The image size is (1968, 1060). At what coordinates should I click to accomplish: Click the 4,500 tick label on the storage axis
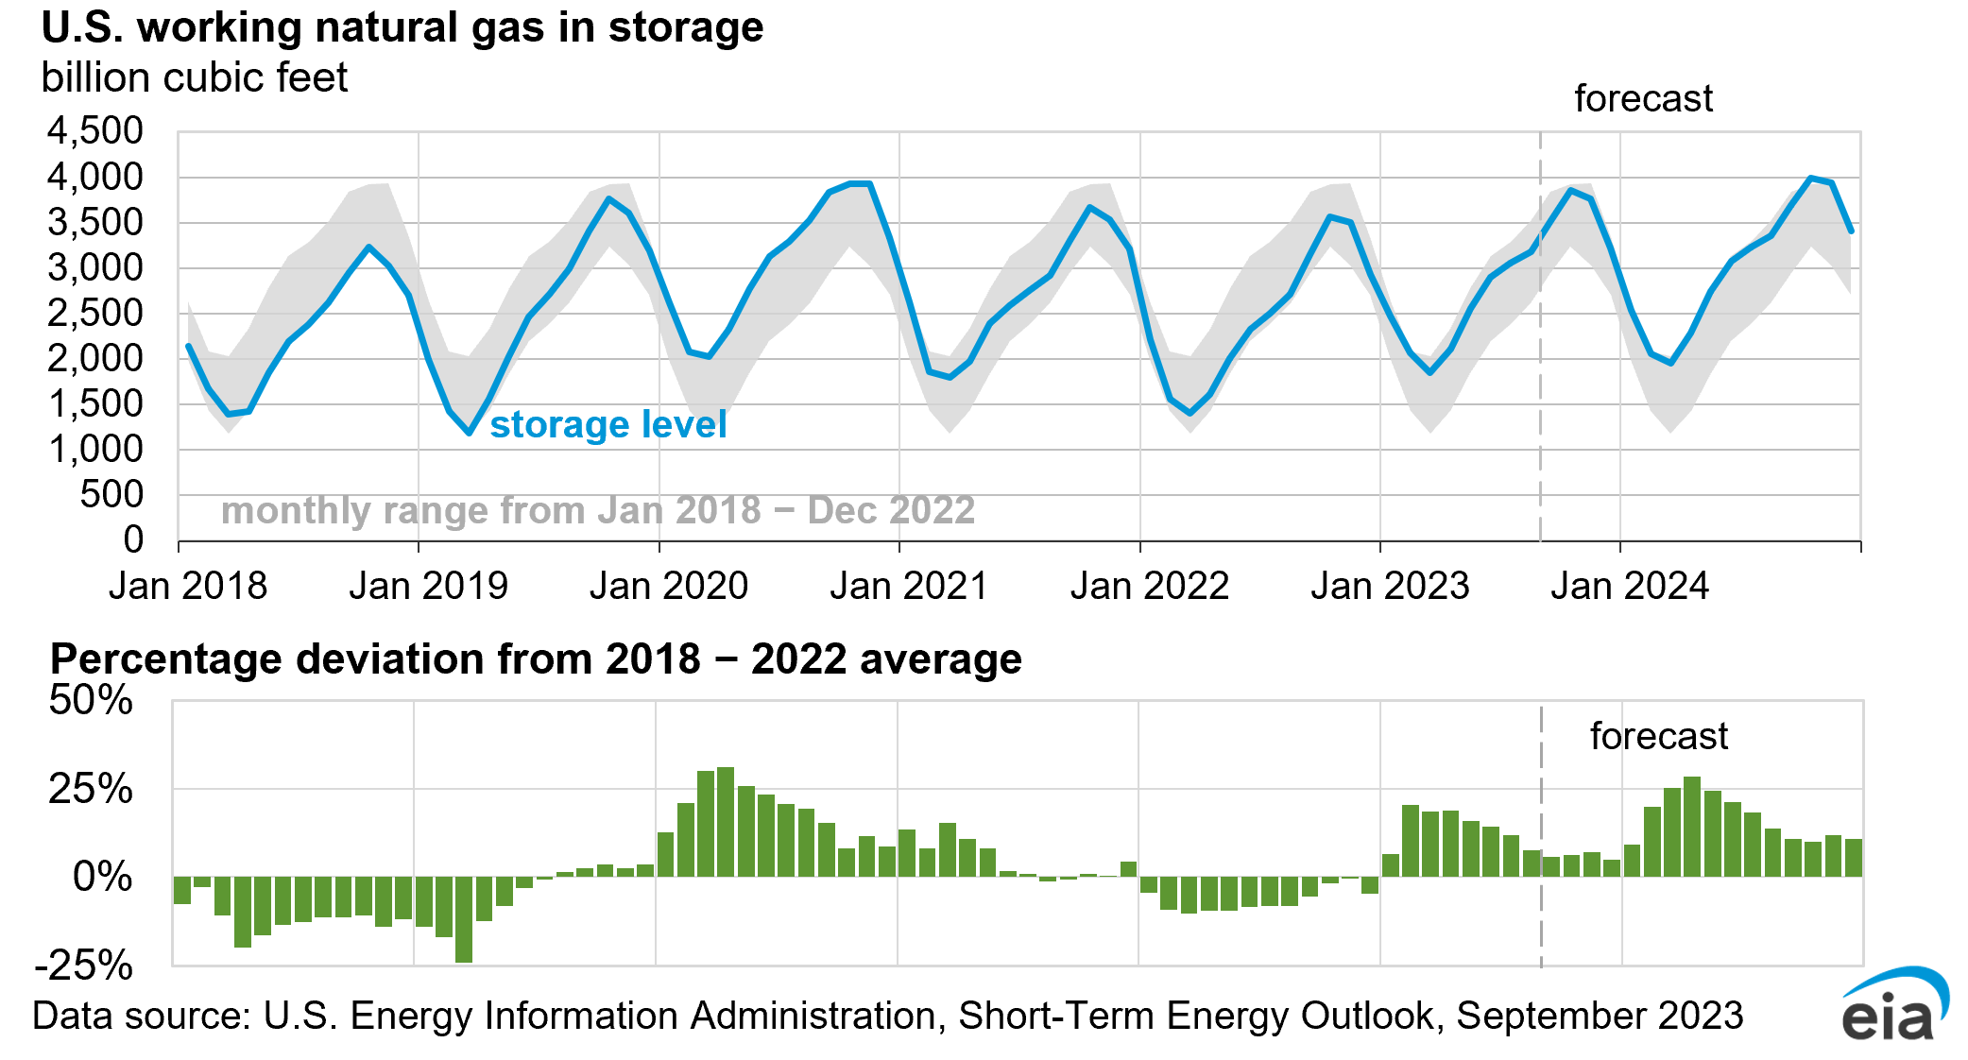[95, 131]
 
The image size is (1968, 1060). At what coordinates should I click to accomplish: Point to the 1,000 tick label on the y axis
[95, 450]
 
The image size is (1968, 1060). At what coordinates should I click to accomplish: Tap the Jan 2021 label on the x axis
[909, 587]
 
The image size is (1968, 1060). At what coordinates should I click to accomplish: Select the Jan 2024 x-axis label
[1630, 587]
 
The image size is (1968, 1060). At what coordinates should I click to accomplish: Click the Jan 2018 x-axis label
[188, 587]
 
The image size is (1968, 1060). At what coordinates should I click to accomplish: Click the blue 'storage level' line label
[608, 425]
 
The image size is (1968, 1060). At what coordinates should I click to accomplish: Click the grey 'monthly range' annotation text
[597, 511]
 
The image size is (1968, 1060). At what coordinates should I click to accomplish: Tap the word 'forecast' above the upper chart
[1643, 99]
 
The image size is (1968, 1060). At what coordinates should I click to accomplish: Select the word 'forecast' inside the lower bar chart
[1658, 737]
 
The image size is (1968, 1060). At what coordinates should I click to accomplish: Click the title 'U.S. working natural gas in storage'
[402, 27]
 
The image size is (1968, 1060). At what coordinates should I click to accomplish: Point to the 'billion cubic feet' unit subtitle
[195, 78]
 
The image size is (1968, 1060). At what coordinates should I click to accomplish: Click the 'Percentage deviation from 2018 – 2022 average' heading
[536, 659]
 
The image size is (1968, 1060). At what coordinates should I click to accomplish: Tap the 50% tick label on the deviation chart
[91, 701]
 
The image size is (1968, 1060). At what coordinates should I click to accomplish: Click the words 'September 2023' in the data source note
[1600, 1017]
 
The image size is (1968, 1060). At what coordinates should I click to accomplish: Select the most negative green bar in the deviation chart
[464, 919]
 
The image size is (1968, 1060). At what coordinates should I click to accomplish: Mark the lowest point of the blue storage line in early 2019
[469, 432]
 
